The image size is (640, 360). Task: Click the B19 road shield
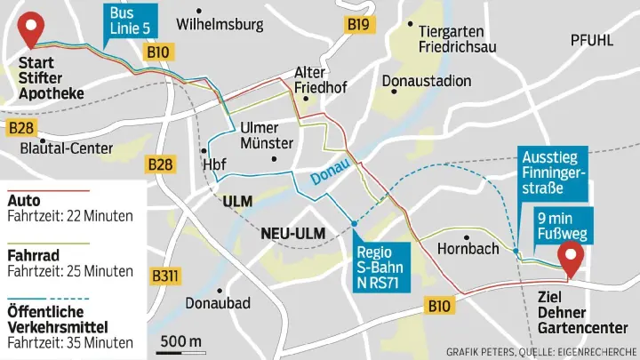(358, 25)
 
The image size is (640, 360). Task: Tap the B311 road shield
(165, 276)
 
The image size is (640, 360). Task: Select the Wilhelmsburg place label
(220, 24)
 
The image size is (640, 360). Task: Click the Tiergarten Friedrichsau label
(457, 37)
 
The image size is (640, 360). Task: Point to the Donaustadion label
(427, 81)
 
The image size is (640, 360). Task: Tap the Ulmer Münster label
(267, 135)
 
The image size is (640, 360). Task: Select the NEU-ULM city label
(292, 234)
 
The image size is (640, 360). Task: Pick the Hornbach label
(468, 249)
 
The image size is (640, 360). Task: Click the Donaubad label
(218, 303)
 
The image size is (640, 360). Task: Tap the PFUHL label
(592, 39)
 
